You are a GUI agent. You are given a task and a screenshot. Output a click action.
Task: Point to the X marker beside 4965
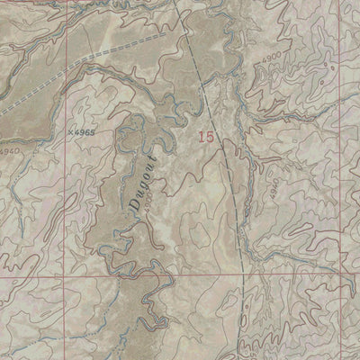[x=68, y=132]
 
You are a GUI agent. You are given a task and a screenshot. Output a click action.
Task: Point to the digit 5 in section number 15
[x=212, y=137]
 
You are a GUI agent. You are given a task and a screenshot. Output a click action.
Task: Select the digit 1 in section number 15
[x=202, y=137]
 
